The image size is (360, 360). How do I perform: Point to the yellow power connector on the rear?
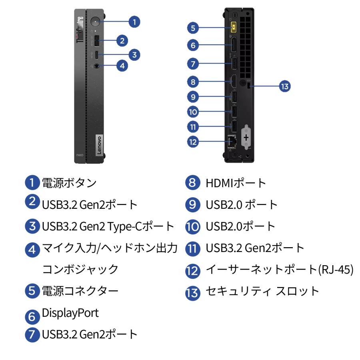[x=234, y=28]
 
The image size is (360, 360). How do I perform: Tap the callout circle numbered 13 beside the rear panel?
[x=286, y=86]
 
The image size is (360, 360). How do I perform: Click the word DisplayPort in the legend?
[x=70, y=312]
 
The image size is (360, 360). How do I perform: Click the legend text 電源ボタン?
[x=69, y=183]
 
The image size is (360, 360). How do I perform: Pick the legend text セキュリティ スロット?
[x=262, y=291]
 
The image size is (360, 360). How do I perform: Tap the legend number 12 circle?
[x=192, y=270]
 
